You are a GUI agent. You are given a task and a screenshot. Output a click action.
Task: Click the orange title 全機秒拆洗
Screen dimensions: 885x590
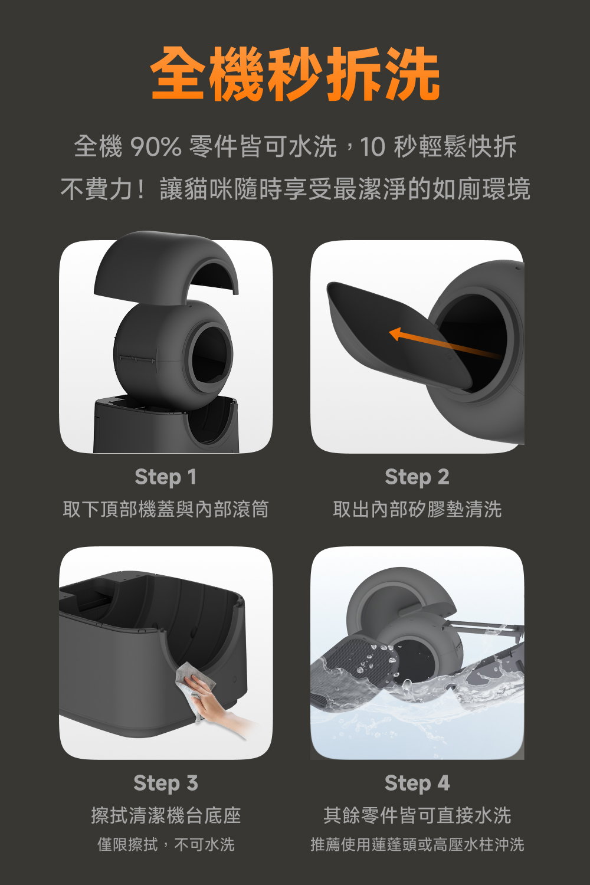pyautogui.click(x=295, y=75)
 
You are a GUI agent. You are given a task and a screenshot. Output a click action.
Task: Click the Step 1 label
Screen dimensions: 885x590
pyautogui.click(x=165, y=477)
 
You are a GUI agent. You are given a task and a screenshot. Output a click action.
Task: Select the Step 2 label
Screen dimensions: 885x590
pyautogui.click(x=417, y=477)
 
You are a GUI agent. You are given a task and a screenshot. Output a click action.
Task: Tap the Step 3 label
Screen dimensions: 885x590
pyautogui.click(x=165, y=783)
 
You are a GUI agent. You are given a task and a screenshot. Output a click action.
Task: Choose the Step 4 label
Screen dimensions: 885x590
pyautogui.click(x=417, y=783)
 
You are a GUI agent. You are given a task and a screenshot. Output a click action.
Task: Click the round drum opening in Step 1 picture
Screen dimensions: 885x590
pyautogui.click(x=209, y=354)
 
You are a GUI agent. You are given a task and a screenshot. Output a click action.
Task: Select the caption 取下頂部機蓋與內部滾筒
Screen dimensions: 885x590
pyautogui.click(x=165, y=509)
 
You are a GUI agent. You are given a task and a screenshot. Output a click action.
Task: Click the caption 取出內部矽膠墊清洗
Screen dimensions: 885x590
pyautogui.click(x=417, y=509)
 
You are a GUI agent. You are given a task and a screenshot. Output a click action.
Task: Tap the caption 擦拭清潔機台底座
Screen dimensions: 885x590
pyautogui.click(x=165, y=815)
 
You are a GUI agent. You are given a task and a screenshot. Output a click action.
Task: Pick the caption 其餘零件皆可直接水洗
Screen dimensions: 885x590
pyautogui.click(x=417, y=815)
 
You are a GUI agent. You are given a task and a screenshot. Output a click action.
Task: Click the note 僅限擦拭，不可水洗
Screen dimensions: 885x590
pyautogui.click(x=165, y=844)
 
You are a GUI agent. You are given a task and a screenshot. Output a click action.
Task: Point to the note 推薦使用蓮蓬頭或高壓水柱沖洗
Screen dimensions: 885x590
pyautogui.click(x=417, y=844)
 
